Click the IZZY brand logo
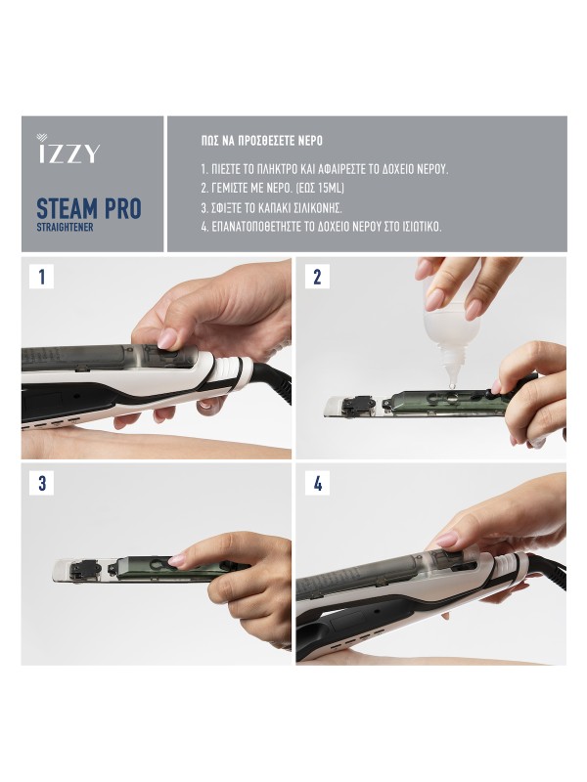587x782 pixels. point(68,152)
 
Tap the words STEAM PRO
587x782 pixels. point(88,208)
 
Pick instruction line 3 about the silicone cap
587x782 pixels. point(279,206)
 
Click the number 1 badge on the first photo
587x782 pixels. point(41,277)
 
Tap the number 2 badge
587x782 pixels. point(316,277)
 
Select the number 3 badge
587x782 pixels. point(41,483)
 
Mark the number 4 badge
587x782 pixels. point(316,483)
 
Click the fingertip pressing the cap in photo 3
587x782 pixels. point(177,560)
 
